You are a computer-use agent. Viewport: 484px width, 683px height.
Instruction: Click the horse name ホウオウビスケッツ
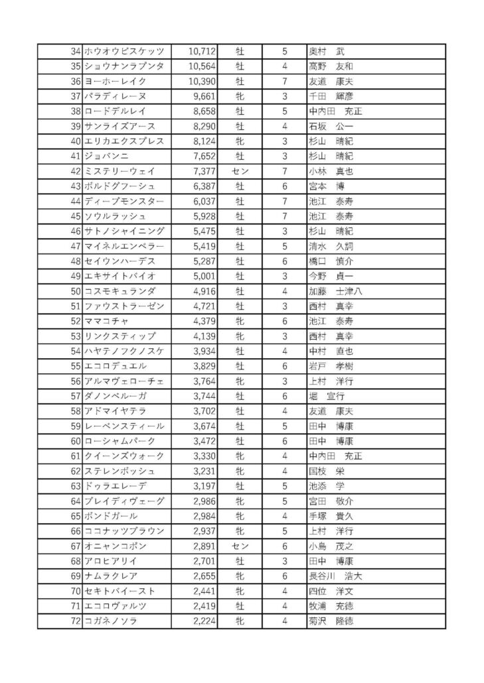[x=124, y=51]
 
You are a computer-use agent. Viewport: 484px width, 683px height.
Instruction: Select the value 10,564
[x=202, y=66]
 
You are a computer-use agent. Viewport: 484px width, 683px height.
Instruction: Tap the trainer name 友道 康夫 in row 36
[x=331, y=81]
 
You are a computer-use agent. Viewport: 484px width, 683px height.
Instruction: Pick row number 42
[x=75, y=171]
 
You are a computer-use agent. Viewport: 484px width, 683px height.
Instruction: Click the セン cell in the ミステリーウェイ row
[x=240, y=171]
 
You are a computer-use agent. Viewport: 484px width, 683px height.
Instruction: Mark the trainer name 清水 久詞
[x=331, y=246]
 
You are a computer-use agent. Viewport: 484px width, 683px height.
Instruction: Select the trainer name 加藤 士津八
[x=335, y=291]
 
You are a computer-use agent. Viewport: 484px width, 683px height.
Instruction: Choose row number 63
[x=75, y=485]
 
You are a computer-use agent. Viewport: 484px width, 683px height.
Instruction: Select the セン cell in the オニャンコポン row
[x=240, y=546]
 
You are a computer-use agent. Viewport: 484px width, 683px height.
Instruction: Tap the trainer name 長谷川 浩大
[x=335, y=576]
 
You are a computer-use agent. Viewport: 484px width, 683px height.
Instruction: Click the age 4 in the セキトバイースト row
[x=284, y=591]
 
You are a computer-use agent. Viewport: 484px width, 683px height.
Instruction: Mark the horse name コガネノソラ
[x=111, y=621]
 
